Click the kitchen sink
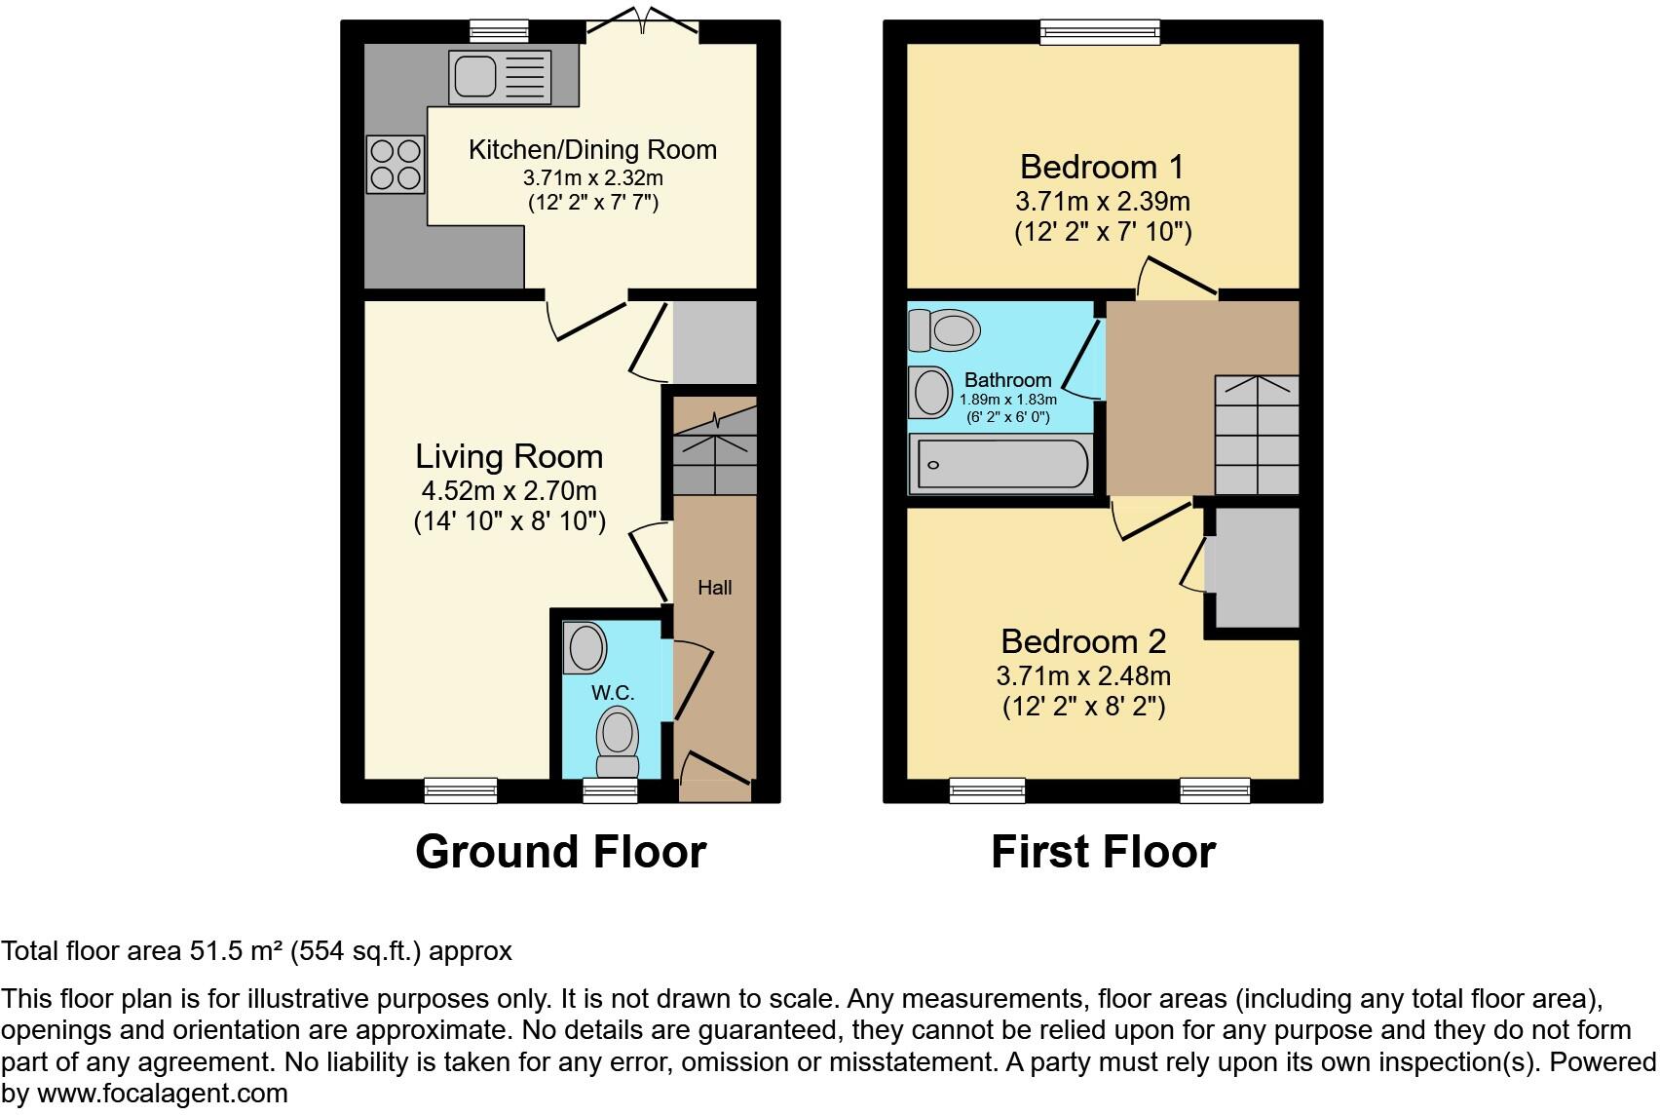[x=499, y=77]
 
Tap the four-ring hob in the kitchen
[x=396, y=165]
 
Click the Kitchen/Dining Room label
[x=592, y=150]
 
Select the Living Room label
[x=509, y=456]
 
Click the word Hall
[x=714, y=588]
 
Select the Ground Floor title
[x=560, y=852]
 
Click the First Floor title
[x=1103, y=852]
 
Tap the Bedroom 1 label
[x=1102, y=167]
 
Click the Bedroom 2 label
[x=1083, y=641]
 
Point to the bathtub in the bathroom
[x=1000, y=464]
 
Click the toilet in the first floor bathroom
[x=943, y=330]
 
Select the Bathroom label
[x=1007, y=380]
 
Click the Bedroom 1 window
[x=1100, y=32]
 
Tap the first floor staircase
[x=1257, y=435]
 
